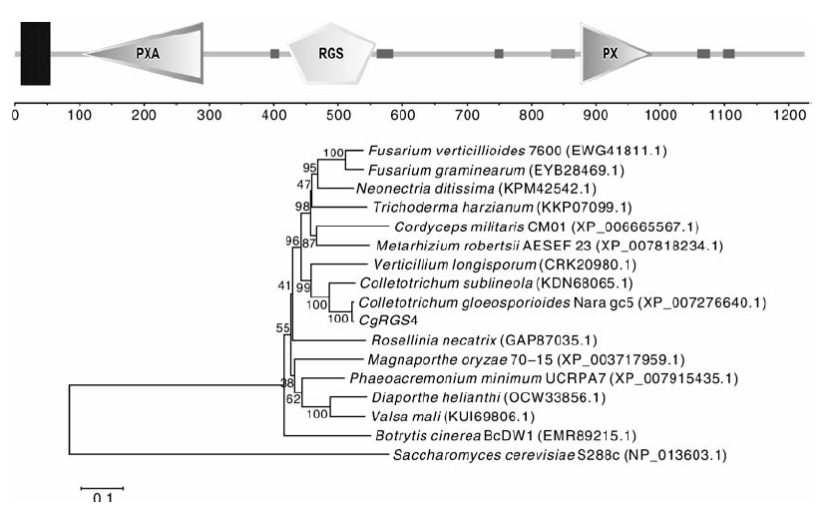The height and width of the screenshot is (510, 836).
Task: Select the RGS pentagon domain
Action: pyautogui.click(x=331, y=53)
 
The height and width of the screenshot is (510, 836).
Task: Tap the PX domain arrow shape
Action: pyautogui.click(x=614, y=53)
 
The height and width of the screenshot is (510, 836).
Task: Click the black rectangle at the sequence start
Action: pyautogui.click(x=35, y=53)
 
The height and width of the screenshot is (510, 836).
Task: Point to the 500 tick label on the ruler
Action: pyautogui.click(x=338, y=115)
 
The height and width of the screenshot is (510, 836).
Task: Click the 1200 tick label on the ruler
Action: pyautogui.click(x=790, y=115)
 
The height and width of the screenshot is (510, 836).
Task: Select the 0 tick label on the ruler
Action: pyautogui.click(x=15, y=115)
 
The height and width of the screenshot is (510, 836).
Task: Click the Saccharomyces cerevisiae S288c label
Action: pyautogui.click(x=506, y=455)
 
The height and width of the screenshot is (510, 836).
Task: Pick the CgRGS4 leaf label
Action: pyautogui.click(x=388, y=320)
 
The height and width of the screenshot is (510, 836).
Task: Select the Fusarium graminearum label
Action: pyautogui.click(x=447, y=171)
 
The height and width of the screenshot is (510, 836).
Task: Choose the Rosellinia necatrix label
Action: pyautogui.click(x=434, y=340)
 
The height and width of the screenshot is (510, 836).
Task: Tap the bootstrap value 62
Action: pyautogui.click(x=293, y=398)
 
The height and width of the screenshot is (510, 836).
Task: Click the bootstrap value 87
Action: pyautogui.click(x=309, y=244)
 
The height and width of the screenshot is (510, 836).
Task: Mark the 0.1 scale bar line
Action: pyautogui.click(x=103, y=488)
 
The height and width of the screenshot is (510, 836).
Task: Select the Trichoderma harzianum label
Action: pyautogui.click(x=453, y=208)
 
